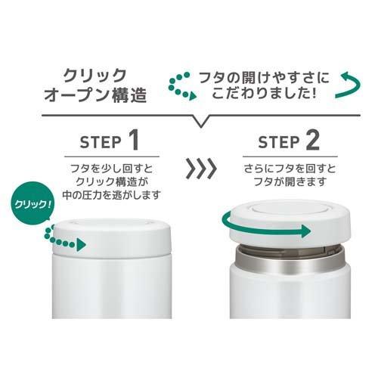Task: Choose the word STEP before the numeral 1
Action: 99,144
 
